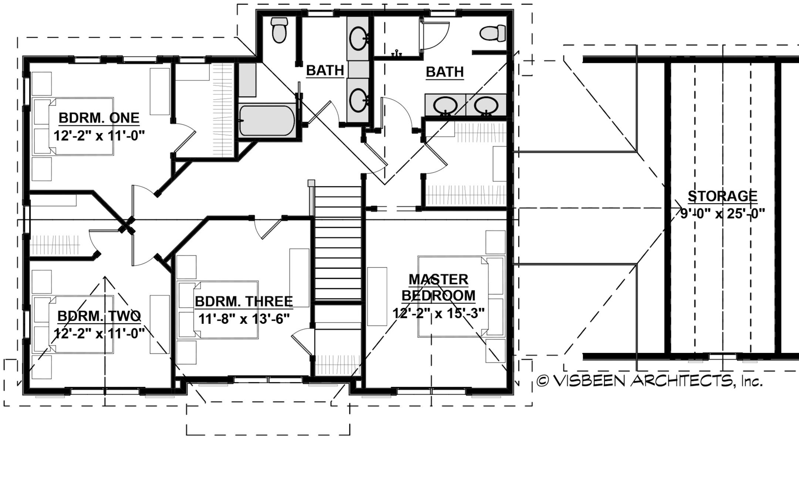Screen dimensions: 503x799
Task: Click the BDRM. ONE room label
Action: [99, 118]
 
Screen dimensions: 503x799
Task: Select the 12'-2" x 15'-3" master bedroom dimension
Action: [438, 313]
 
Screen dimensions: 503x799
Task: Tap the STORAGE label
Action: [722, 196]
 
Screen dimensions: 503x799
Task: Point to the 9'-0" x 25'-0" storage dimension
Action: [722, 214]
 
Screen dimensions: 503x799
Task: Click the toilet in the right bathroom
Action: [493, 33]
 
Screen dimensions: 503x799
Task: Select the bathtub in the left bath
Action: [267, 121]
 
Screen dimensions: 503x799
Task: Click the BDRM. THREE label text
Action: [244, 302]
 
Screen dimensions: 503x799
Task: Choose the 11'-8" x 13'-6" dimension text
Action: [244, 319]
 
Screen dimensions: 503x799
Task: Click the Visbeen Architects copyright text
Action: [649, 381]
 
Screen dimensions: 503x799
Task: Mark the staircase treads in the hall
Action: [337, 244]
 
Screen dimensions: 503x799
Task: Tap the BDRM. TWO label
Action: [99, 316]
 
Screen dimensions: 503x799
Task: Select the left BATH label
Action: [325, 70]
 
